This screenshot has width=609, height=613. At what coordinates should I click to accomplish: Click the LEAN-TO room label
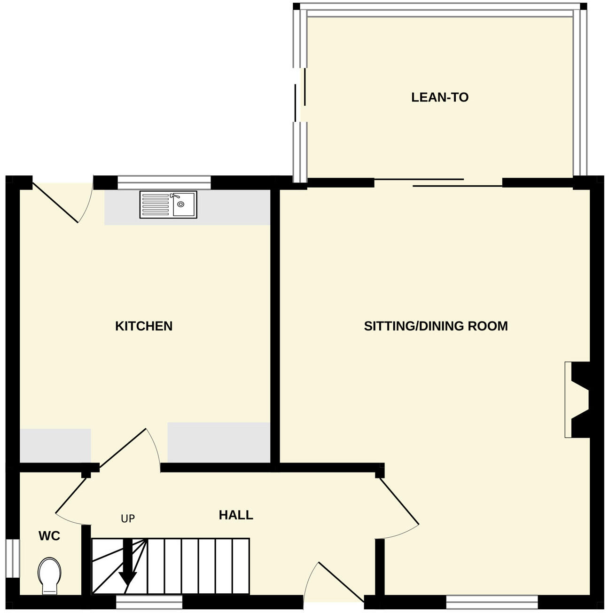(x=440, y=97)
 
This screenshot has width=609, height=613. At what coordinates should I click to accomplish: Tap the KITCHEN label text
(x=144, y=326)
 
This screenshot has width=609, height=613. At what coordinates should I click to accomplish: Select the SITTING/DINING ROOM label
(x=436, y=326)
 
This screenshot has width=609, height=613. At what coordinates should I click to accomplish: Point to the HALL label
(x=236, y=515)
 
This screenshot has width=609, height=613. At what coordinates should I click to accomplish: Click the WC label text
(x=49, y=536)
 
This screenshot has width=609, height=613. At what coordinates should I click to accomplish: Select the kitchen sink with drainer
(x=168, y=204)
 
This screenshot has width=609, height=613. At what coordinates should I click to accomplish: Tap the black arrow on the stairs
(x=127, y=564)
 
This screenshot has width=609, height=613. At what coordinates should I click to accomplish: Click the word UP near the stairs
(x=128, y=519)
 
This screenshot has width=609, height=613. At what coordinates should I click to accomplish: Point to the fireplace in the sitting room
(x=578, y=400)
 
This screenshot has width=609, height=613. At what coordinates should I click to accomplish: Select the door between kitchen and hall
(x=127, y=449)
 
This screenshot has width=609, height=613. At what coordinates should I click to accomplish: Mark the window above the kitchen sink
(x=164, y=182)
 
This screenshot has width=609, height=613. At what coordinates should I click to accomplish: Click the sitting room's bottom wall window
(x=492, y=602)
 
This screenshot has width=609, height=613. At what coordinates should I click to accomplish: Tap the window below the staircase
(x=149, y=602)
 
